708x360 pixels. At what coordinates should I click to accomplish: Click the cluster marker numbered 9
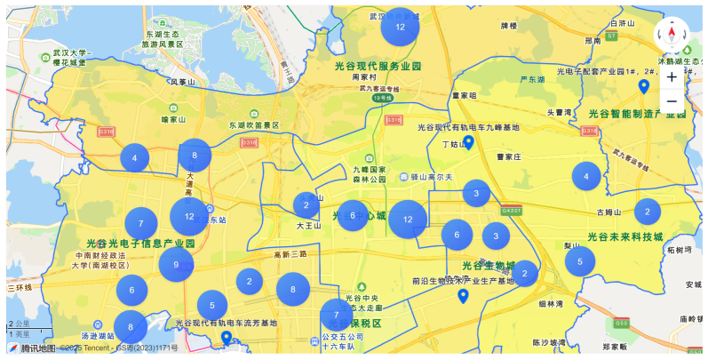pyautogui.click(x=176, y=264)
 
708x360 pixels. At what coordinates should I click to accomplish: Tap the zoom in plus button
pyautogui.click(x=672, y=76)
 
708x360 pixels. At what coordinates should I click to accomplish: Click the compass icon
pyautogui.click(x=672, y=36)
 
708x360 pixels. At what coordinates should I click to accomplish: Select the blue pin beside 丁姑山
pyautogui.click(x=468, y=142)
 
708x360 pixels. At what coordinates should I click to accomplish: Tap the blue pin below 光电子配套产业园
pyautogui.click(x=644, y=86)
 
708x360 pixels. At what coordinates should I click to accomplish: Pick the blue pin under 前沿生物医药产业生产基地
pyautogui.click(x=462, y=296)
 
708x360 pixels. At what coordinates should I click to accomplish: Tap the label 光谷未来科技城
pyautogui.click(x=625, y=237)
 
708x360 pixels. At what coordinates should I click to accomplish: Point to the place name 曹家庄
pyautogui.click(x=507, y=156)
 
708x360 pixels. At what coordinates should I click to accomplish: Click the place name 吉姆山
pyautogui.click(x=609, y=212)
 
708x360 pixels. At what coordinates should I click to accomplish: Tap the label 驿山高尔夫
pyautogui.click(x=433, y=178)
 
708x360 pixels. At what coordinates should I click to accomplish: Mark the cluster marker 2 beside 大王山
pyautogui.click(x=306, y=205)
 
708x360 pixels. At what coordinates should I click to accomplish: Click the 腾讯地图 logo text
pyautogui.click(x=37, y=348)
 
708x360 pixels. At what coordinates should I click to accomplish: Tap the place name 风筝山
pyautogui.click(x=182, y=82)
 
